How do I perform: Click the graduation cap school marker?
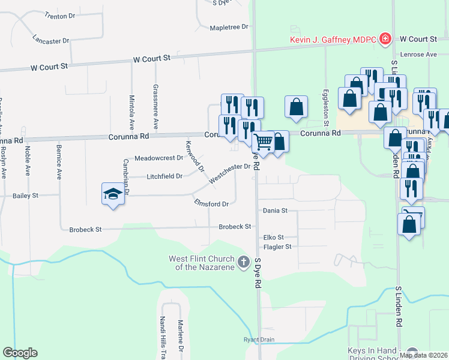(112, 194)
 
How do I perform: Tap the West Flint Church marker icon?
(244, 262)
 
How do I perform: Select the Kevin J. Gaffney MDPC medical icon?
(385, 40)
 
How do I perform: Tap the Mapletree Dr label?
(229, 28)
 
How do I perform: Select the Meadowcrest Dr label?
(158, 158)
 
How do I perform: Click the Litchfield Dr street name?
(164, 176)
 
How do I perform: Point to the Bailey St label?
(26, 196)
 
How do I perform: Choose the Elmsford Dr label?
(211, 203)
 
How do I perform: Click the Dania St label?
(276, 211)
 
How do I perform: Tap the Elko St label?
(273, 238)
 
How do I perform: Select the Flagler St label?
(277, 247)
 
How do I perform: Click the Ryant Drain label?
(259, 340)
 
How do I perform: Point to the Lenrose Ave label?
(422, 55)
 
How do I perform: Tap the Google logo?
(20, 353)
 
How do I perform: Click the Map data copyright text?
(423, 355)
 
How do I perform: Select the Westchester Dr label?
(229, 173)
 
